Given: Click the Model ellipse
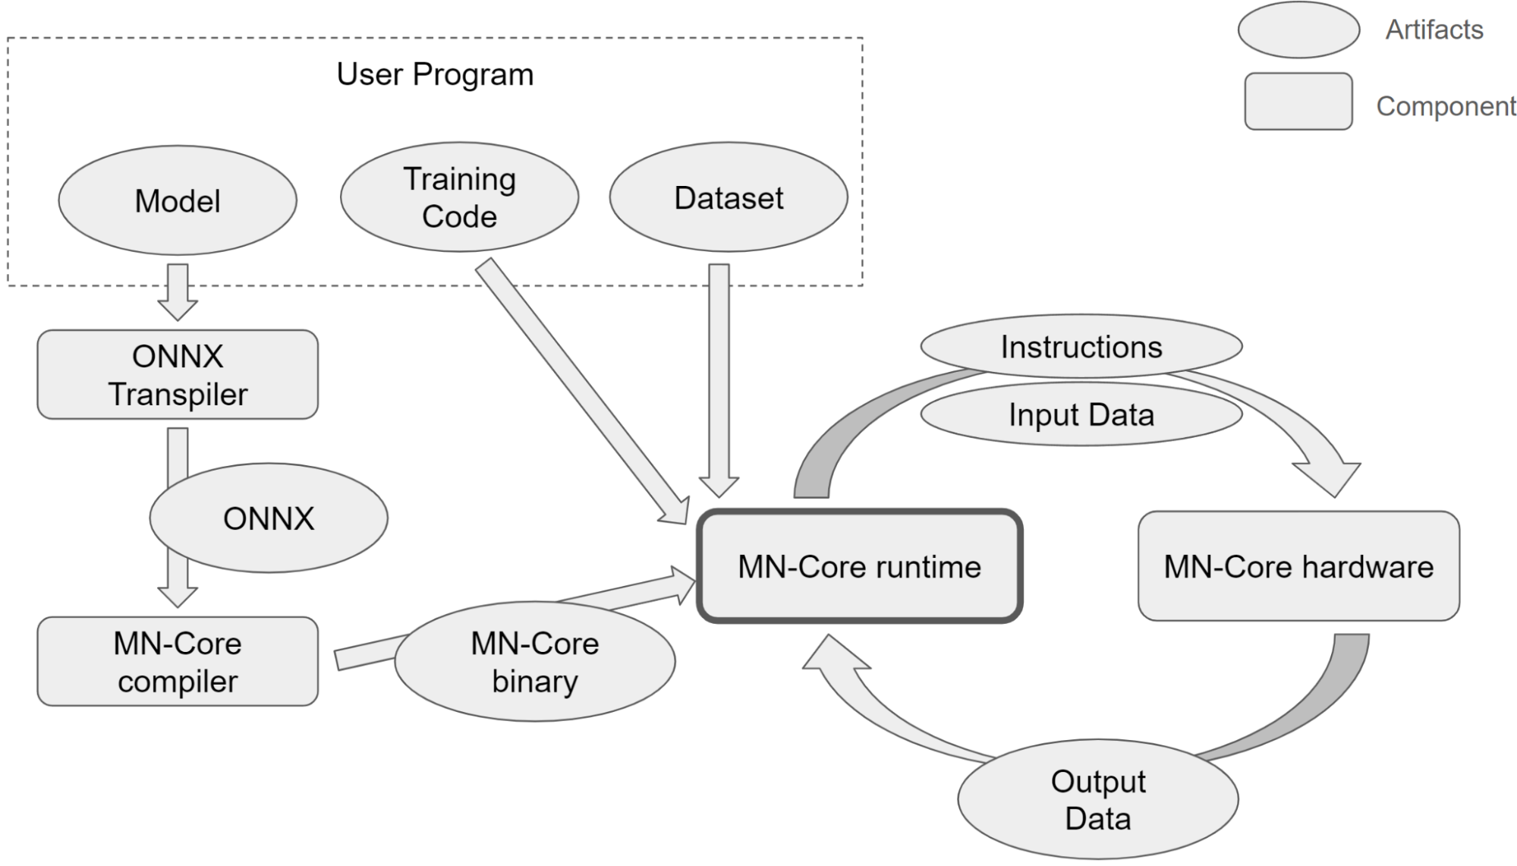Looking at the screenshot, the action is pos(178,200).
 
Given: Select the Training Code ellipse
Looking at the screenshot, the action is pos(460,197).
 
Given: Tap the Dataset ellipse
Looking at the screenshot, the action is pos(729,197).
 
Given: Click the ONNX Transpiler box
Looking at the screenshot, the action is pos(178,374).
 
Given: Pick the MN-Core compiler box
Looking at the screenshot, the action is pos(178,661).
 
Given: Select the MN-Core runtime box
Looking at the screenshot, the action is pos(860,566).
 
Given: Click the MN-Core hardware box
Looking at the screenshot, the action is pos(1298,566).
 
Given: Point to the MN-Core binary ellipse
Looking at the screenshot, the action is pos(535,662).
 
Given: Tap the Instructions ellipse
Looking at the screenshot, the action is pos(1081,347).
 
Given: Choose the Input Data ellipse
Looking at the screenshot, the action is pos(1081,414).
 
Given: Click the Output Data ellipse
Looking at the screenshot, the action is pos(1098,800).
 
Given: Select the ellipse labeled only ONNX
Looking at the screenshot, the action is pos(269,518).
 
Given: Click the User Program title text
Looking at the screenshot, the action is pos(435,74).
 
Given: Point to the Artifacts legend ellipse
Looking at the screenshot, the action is pos(1298,30).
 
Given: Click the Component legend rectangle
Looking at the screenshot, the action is pos(1298,101).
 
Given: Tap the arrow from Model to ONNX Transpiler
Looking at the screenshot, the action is pos(178,292).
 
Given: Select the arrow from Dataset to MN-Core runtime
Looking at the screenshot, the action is pos(719,381).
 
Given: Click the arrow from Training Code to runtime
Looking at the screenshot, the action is pos(582,392).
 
